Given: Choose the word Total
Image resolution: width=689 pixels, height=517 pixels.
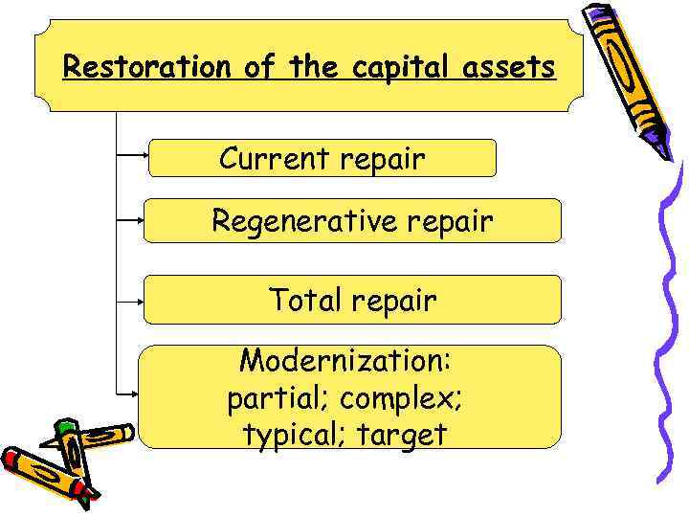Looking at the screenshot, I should pyautogui.click(x=305, y=301).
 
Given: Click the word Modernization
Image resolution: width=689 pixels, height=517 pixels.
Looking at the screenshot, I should pyautogui.click(x=344, y=362).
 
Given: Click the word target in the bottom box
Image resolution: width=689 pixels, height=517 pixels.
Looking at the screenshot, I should pyautogui.click(x=402, y=436).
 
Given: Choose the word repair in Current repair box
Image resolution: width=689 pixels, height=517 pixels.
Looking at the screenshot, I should pyautogui.click(x=381, y=159).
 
